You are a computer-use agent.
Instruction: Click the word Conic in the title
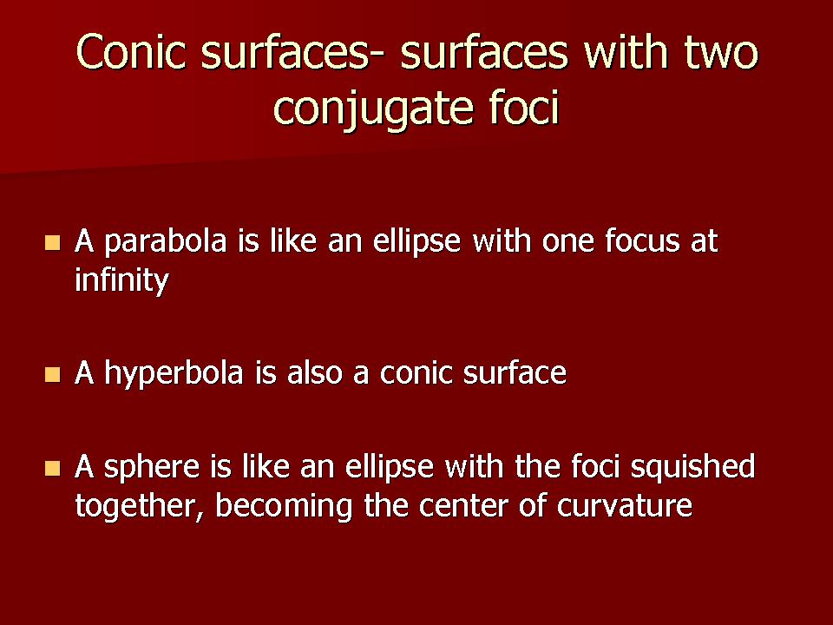tap(131, 51)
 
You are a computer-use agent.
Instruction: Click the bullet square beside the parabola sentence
tap(53, 243)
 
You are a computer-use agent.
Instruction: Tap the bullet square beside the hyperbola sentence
tap(53, 375)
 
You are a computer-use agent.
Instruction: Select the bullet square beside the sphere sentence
tap(53, 468)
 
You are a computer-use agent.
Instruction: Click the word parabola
tap(166, 242)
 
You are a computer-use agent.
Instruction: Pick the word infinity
tap(121, 280)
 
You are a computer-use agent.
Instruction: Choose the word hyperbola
tap(174, 372)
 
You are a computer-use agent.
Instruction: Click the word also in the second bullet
tap(315, 372)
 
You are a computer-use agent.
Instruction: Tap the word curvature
tap(625, 506)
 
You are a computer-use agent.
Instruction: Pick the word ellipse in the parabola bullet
tap(416, 242)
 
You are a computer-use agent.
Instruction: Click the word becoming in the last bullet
tap(284, 506)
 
